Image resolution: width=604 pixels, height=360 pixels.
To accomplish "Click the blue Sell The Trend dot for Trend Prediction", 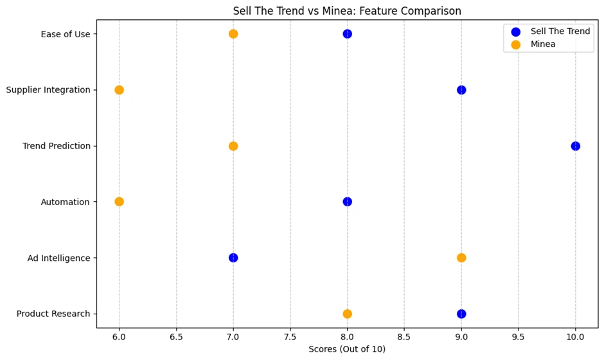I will tap(575, 146).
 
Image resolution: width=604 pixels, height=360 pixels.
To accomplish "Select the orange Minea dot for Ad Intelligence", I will tap(461, 258).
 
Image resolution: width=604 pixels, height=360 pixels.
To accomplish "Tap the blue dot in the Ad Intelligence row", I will tap(233, 258).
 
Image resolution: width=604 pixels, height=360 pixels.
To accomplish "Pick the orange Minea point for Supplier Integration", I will tap(119, 90).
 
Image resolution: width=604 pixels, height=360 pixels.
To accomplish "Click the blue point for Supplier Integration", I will tap(461, 90).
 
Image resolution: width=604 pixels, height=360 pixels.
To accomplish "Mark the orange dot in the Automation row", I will tap(119, 202).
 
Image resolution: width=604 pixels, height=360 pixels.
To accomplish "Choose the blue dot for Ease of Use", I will tap(347, 34).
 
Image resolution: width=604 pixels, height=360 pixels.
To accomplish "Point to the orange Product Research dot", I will tap(347, 314).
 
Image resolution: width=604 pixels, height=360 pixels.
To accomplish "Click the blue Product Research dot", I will tap(461, 314).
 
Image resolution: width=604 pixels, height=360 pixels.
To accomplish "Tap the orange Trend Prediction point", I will tap(233, 146).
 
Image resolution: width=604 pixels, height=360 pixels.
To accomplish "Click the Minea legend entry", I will tap(543, 44).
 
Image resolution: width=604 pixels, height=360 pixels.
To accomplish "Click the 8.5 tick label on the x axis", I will tap(404, 336).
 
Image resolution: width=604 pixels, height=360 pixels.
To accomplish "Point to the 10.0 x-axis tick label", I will tap(575, 336).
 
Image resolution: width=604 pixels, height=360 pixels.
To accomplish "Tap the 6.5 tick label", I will tap(176, 336).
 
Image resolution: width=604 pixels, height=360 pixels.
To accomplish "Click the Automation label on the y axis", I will tap(65, 202).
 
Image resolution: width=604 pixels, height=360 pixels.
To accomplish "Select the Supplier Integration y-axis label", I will tap(48, 90).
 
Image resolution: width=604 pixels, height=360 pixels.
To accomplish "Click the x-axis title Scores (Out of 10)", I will tap(347, 349).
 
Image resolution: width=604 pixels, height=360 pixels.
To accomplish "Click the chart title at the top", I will tap(347, 11).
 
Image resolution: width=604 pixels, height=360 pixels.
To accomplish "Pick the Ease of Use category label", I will tap(66, 34).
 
